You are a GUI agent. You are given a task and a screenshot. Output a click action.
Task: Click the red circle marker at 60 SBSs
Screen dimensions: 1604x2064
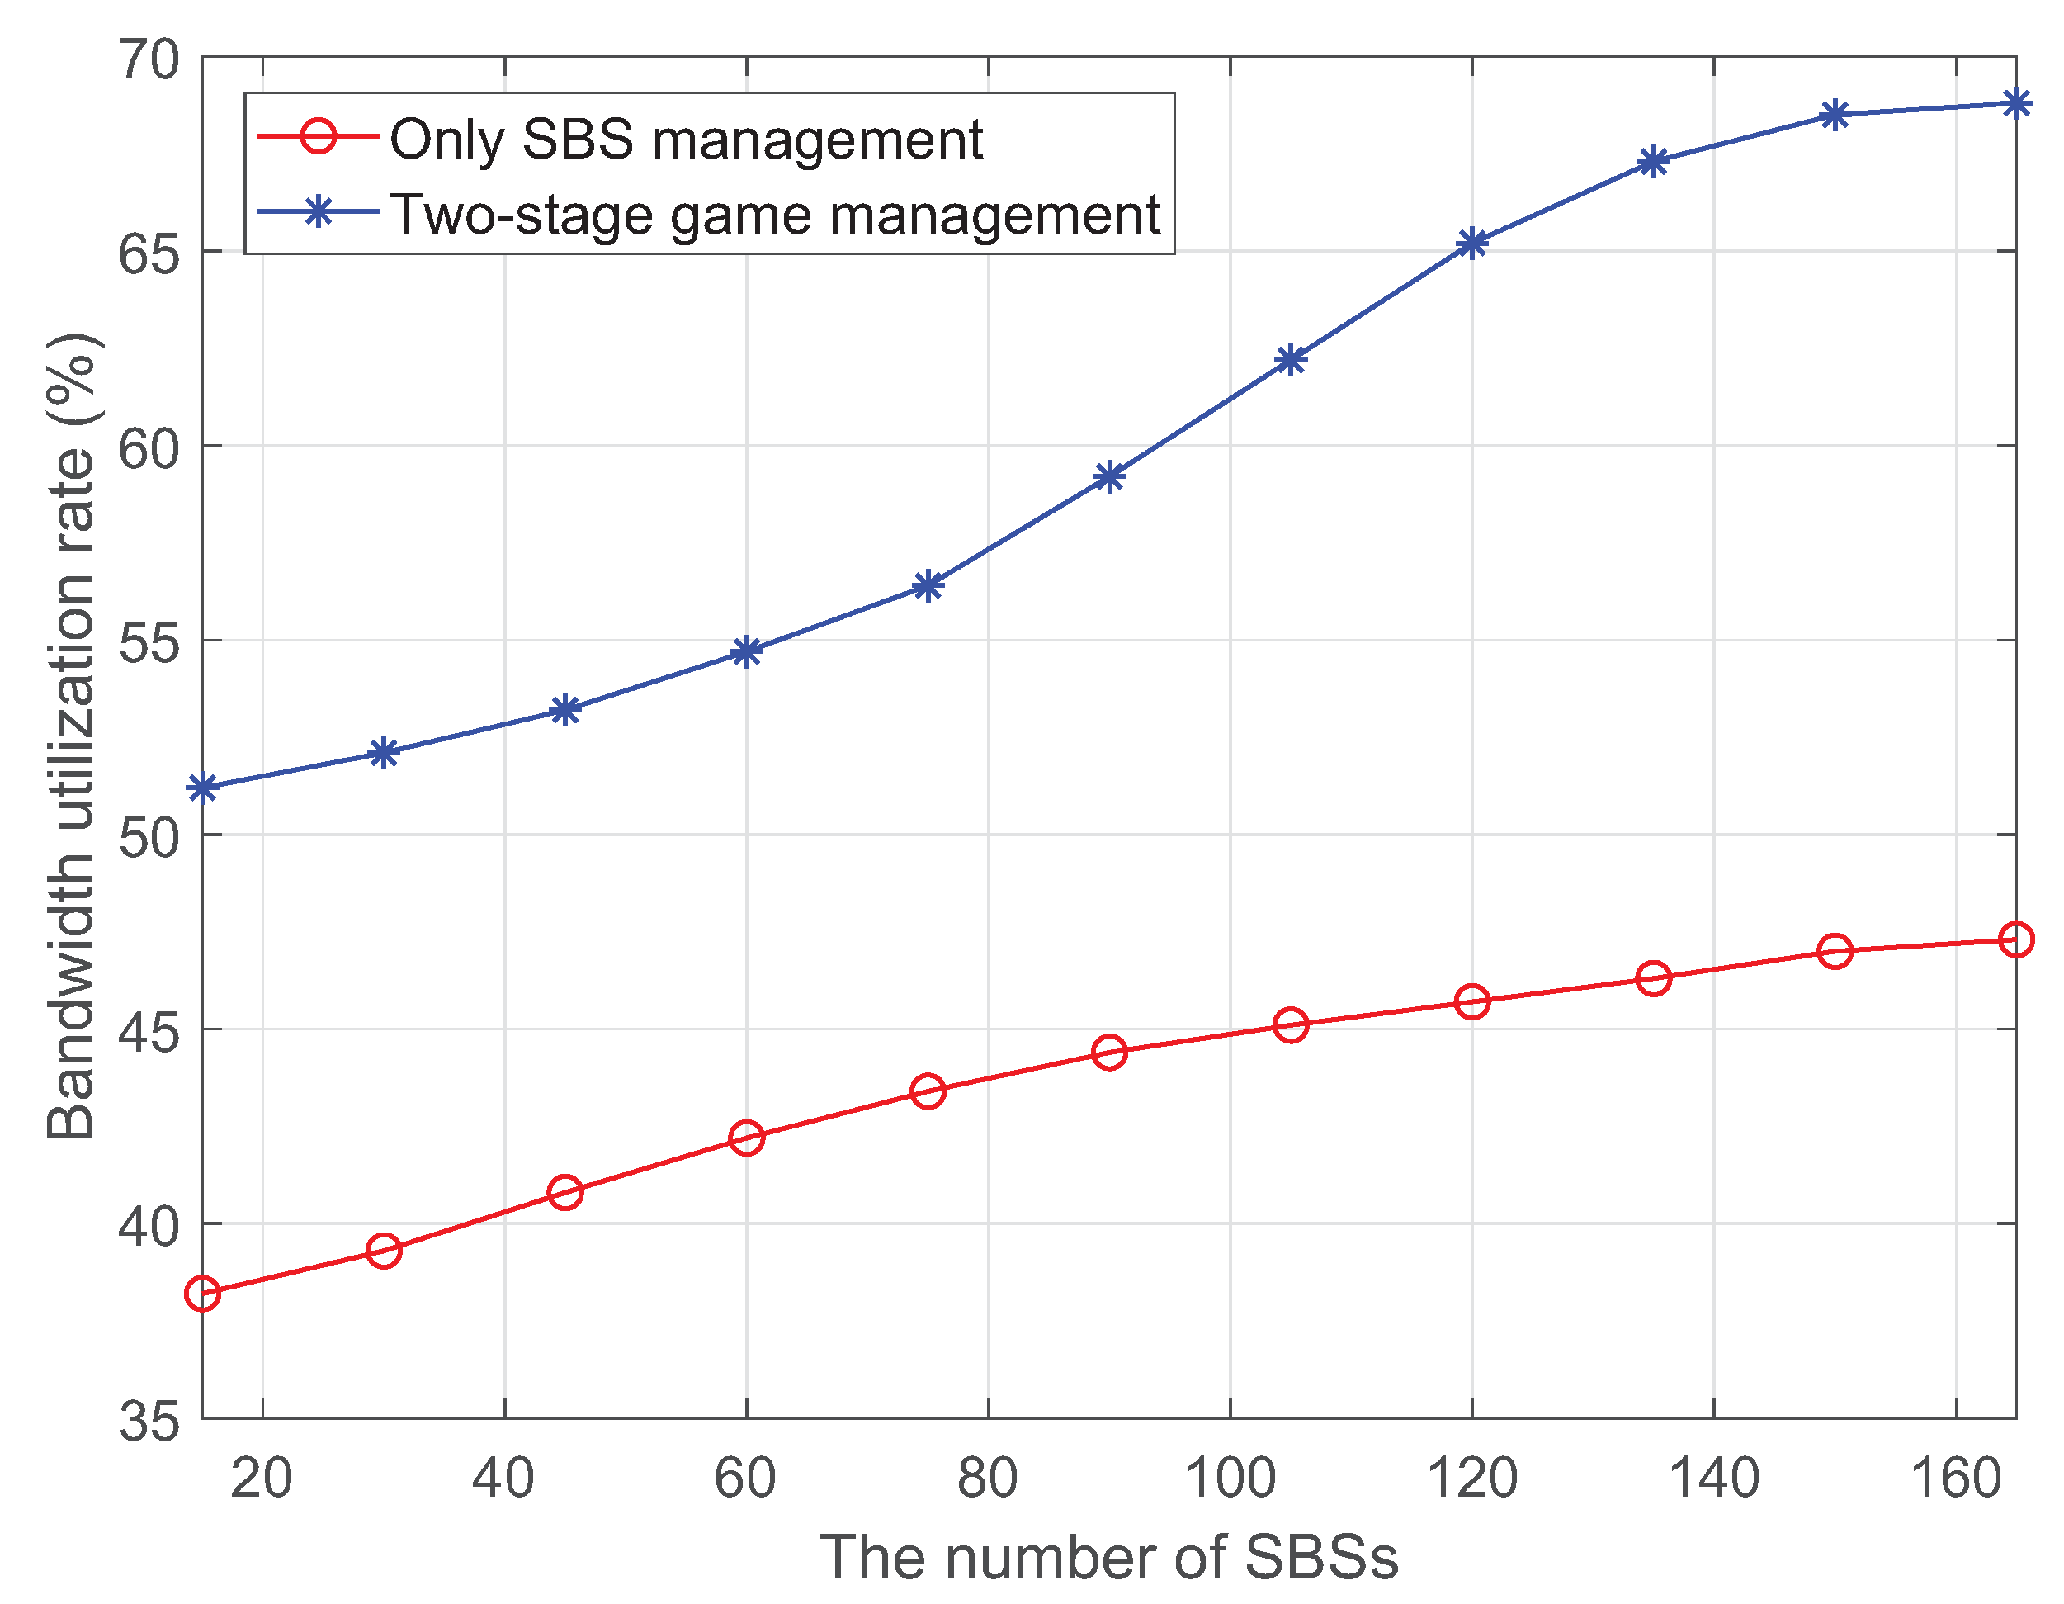(747, 1137)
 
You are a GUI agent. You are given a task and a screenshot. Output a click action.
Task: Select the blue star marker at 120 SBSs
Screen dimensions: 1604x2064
(1472, 244)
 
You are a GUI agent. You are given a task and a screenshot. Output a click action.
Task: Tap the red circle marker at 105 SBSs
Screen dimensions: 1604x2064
(1291, 1024)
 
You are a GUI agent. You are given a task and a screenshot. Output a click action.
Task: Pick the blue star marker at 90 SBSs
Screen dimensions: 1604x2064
(1109, 476)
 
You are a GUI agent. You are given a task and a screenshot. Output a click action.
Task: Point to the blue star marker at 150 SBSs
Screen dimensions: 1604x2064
(1835, 116)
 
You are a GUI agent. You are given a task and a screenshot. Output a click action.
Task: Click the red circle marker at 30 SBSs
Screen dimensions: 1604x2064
(384, 1251)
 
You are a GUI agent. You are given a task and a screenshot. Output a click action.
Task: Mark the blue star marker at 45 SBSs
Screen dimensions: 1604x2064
(565, 710)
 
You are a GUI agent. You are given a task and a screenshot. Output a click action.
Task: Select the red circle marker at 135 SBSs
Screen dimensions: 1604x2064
(1654, 978)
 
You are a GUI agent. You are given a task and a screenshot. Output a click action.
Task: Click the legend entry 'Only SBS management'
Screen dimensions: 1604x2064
(686, 140)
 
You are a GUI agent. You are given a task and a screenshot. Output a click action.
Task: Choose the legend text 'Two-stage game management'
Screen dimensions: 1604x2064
(775, 215)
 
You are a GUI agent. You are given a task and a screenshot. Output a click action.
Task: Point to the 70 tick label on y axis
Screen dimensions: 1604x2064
(149, 60)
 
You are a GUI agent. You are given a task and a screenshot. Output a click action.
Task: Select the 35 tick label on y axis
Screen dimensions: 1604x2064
(149, 1421)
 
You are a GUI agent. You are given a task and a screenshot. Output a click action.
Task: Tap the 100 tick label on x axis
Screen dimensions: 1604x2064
(1230, 1479)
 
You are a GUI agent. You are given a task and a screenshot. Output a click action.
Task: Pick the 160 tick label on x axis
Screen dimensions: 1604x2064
(1955, 1479)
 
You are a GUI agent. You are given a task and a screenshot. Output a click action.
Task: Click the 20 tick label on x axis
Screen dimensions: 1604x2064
(262, 1479)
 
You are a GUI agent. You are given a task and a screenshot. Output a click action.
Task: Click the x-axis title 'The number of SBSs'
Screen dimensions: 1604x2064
(1108, 1557)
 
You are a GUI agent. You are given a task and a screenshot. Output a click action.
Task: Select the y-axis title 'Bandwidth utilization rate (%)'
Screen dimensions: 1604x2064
(72, 737)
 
